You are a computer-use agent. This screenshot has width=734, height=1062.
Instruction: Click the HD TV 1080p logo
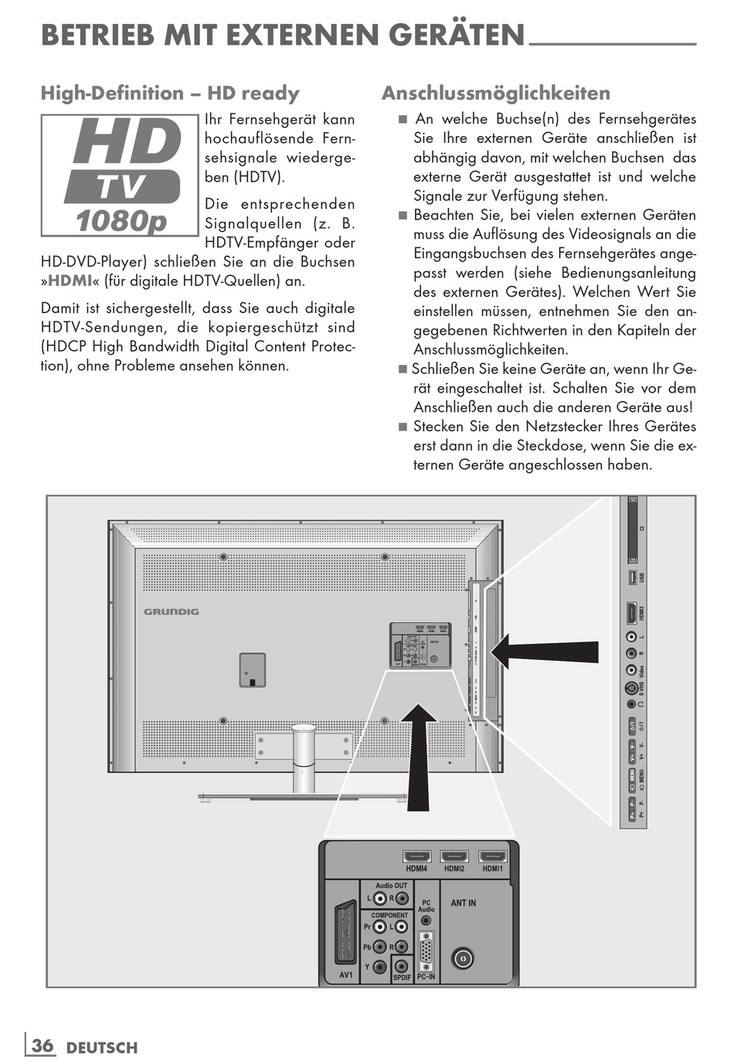pyautogui.click(x=121, y=176)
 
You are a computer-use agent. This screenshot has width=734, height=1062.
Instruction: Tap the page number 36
pyautogui.click(x=42, y=1046)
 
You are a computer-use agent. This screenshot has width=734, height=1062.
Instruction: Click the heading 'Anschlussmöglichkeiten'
pyautogui.click(x=496, y=94)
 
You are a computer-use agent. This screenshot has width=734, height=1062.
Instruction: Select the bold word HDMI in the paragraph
pyautogui.click(x=70, y=281)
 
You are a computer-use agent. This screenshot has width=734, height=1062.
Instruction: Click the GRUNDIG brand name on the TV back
pyautogui.click(x=172, y=611)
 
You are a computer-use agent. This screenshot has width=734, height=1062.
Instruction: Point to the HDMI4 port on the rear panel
pyautogui.click(x=417, y=856)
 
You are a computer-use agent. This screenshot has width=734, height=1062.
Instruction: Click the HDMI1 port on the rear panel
pyautogui.click(x=493, y=856)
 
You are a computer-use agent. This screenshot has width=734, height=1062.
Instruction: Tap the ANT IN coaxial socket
pyautogui.click(x=462, y=958)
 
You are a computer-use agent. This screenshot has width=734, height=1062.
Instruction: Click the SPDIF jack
pyautogui.click(x=401, y=965)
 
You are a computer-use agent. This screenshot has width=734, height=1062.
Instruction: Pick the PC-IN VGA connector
pyautogui.click(x=426, y=951)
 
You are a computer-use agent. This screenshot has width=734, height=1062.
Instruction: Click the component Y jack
pyautogui.click(x=379, y=966)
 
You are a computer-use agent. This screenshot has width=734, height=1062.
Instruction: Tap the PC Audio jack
pyautogui.click(x=426, y=924)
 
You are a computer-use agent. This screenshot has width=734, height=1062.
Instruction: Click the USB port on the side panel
pyautogui.click(x=632, y=577)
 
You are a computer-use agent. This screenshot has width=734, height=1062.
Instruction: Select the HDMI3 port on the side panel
pyautogui.click(x=631, y=613)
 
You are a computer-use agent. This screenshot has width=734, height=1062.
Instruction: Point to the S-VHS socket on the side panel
pyautogui.click(x=631, y=689)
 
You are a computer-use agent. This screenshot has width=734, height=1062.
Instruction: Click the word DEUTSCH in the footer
pyautogui.click(x=102, y=1048)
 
